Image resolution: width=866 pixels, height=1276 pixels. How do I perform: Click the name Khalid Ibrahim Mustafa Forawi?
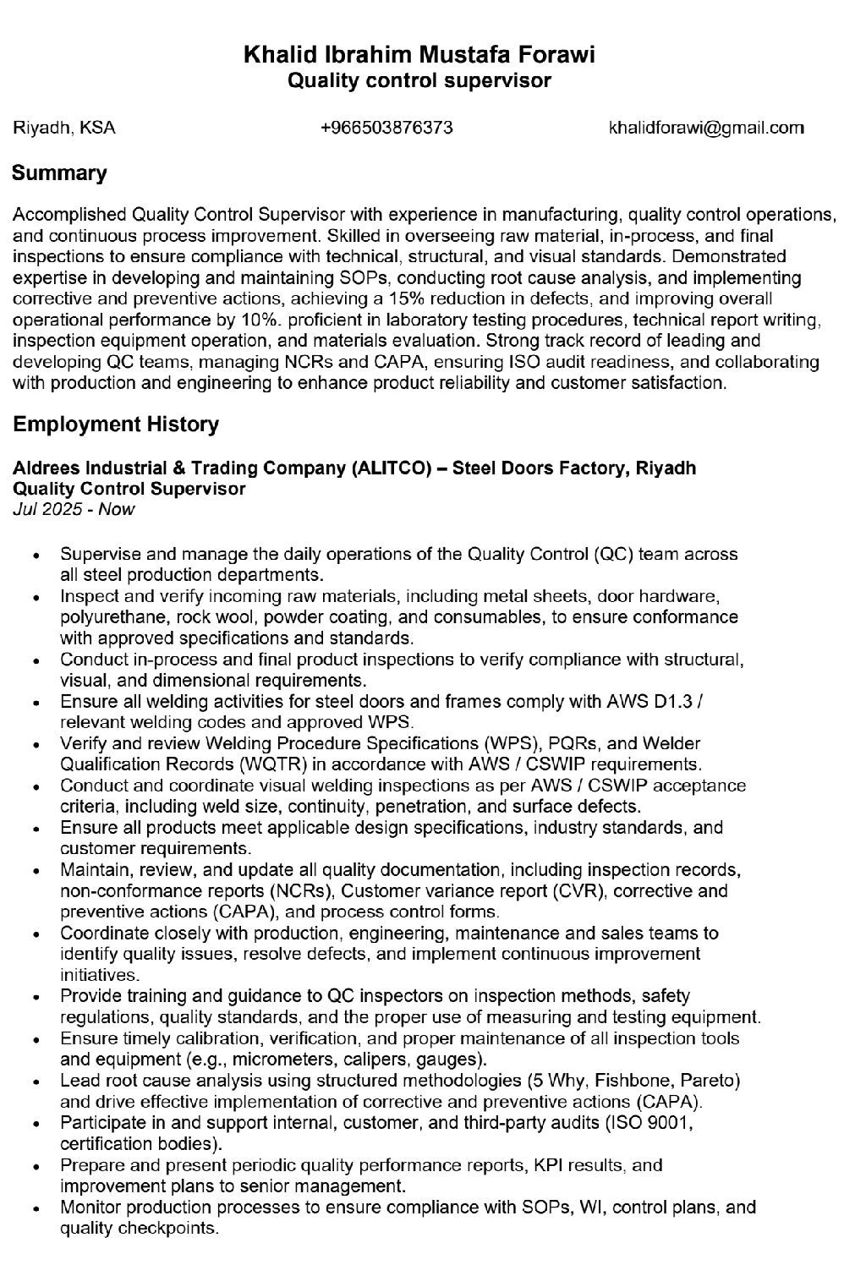coord(419,56)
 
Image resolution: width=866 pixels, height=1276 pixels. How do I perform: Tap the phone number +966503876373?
coord(386,128)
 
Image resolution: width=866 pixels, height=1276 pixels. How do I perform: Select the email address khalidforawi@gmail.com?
coord(706,128)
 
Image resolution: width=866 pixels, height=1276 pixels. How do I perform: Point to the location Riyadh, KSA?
coord(64,128)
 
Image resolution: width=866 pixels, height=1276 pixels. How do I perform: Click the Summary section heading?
coord(59,173)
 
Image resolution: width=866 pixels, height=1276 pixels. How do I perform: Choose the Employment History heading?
coord(116,424)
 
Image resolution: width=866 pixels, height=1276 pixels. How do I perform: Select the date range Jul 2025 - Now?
coord(74,509)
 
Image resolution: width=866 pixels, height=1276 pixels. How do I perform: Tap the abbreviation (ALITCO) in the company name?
coord(392,468)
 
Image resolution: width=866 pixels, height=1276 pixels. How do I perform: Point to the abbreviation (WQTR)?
coord(273,764)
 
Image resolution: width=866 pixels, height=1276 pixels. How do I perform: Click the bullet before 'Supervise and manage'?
coord(36,556)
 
